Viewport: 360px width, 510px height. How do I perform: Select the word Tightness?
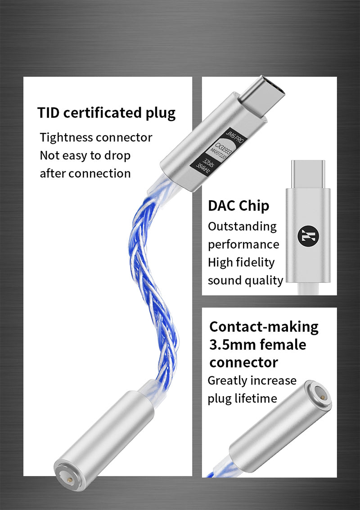pos(67,137)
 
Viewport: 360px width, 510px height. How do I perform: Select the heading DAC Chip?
pos(238,206)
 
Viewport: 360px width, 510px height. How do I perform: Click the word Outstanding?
pos(242,226)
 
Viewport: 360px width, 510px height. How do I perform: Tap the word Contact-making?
pos(264,326)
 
